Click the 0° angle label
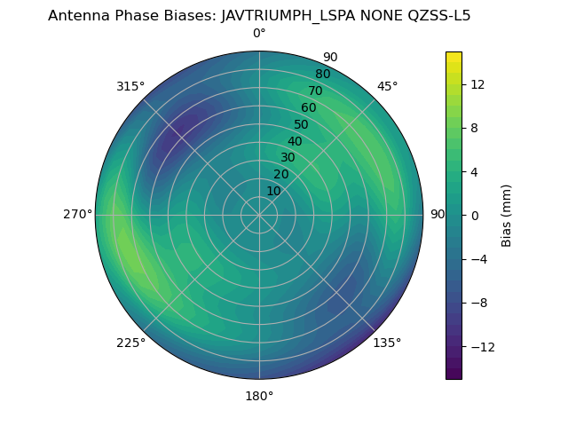(x=259, y=34)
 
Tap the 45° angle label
(x=388, y=86)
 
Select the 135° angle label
(x=387, y=343)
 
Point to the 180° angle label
(x=259, y=396)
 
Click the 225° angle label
(x=130, y=343)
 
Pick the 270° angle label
(x=77, y=214)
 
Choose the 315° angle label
(x=130, y=86)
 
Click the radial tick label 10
(x=273, y=191)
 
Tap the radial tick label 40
(x=295, y=141)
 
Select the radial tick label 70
(x=315, y=91)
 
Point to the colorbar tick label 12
(x=477, y=84)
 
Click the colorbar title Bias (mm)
(x=507, y=215)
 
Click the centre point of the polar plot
(x=259, y=215)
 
